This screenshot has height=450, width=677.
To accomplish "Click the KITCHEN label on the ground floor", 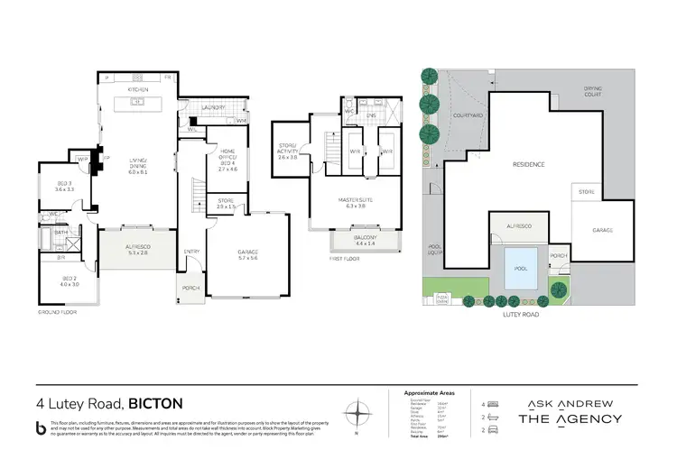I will (137, 91).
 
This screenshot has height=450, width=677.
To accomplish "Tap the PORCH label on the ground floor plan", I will (190, 289).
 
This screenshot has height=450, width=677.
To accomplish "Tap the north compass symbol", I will (361, 414).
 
